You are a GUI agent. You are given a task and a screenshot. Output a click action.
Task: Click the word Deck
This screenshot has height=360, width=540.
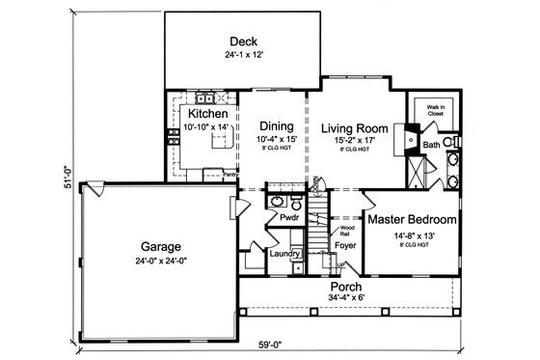[243, 41]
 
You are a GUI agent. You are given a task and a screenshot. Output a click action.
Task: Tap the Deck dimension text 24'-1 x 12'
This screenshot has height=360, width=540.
[243, 55]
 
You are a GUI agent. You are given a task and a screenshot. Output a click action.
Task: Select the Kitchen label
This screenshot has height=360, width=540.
[207, 114]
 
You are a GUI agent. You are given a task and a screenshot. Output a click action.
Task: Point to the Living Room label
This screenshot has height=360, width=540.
[353, 127]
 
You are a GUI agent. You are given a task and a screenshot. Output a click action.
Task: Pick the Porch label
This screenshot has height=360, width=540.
[346, 286]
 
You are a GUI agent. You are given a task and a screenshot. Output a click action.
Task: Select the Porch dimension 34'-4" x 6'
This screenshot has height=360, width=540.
[346, 298]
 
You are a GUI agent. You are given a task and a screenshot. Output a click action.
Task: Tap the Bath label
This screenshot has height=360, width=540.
[431, 145]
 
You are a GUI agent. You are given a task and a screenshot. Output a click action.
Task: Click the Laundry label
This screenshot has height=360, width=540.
[285, 254]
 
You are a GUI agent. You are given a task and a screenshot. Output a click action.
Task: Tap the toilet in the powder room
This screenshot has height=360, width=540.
[274, 203]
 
